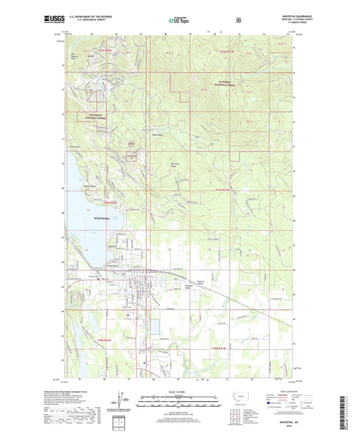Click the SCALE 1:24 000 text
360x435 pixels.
tap(179, 392)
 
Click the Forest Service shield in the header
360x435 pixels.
tap(238, 20)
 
